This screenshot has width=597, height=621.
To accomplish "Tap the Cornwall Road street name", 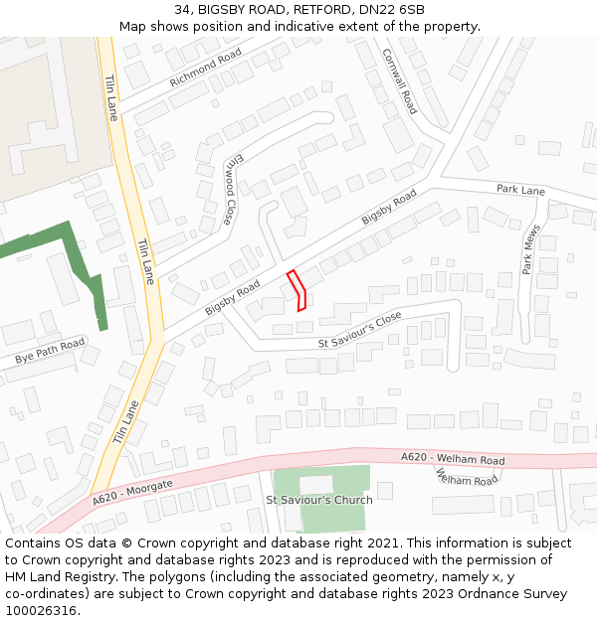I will coord(399,82).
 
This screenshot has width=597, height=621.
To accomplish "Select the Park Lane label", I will coord(521,190).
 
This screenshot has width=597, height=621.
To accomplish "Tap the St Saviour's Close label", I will coord(360,330).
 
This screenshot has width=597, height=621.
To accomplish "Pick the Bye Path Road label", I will coord(50,351).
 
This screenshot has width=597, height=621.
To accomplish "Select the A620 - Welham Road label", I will coord(453,458).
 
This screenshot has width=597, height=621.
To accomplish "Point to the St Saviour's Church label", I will coord(319,500).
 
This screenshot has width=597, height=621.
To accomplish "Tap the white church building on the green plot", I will coord(316,485).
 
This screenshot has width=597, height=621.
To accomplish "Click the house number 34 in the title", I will coord(181,10).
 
